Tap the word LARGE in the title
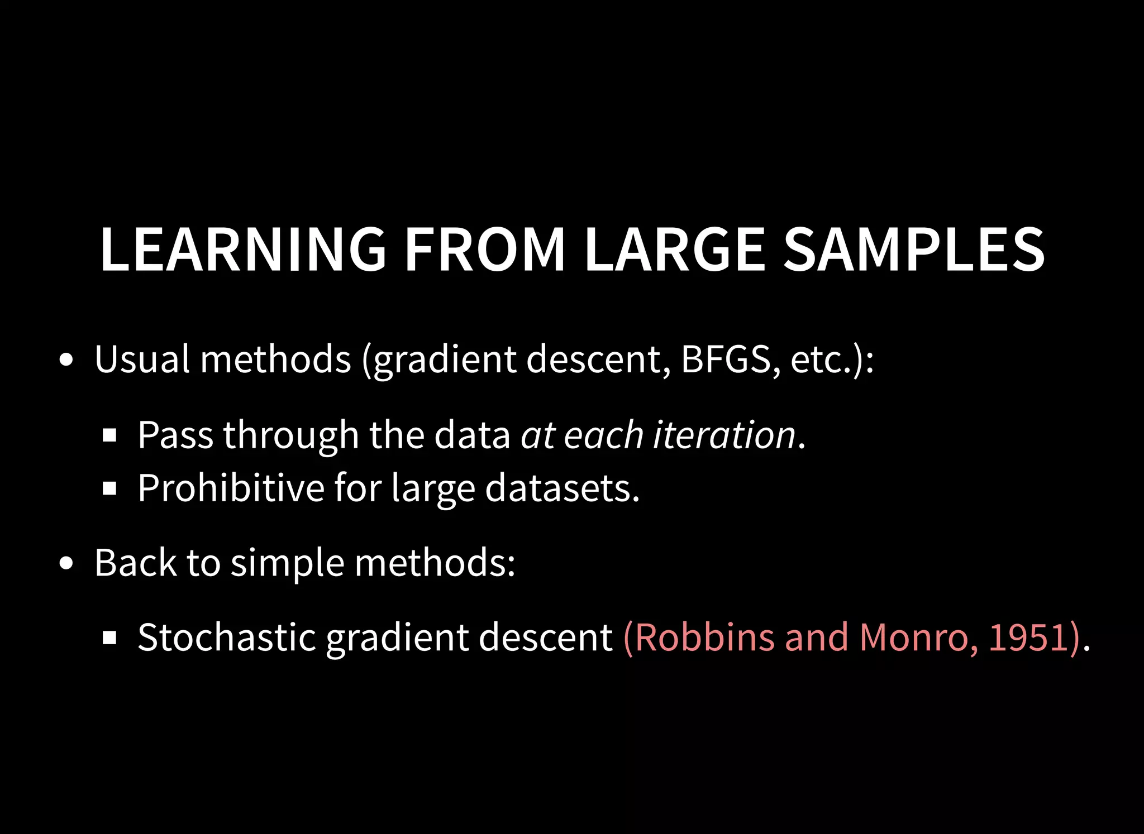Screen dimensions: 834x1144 pyautogui.click(x=674, y=250)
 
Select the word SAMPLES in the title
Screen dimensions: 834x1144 pyautogui.click(x=914, y=250)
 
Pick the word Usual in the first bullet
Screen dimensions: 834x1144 pyautogui.click(x=142, y=359)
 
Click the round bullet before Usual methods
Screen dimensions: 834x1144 pyautogui.click(x=66, y=360)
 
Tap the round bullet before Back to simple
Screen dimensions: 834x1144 pyautogui.click(x=66, y=564)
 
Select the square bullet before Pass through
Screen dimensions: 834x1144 pyautogui.click(x=109, y=435)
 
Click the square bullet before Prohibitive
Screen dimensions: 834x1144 pyautogui.click(x=109, y=489)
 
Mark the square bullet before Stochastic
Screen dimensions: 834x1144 pyautogui.click(x=109, y=638)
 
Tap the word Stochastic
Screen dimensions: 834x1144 pyautogui.click(x=227, y=638)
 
